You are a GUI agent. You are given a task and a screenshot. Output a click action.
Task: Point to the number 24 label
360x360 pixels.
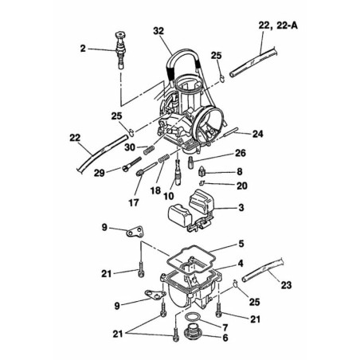pyautogui.click(x=259, y=133)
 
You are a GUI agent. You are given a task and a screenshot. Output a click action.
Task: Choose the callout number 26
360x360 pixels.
pyautogui.click(x=240, y=154)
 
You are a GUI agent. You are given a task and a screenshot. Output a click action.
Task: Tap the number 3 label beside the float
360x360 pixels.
pyautogui.click(x=241, y=209)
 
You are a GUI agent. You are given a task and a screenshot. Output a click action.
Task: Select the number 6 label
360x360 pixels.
pyautogui.click(x=225, y=337)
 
